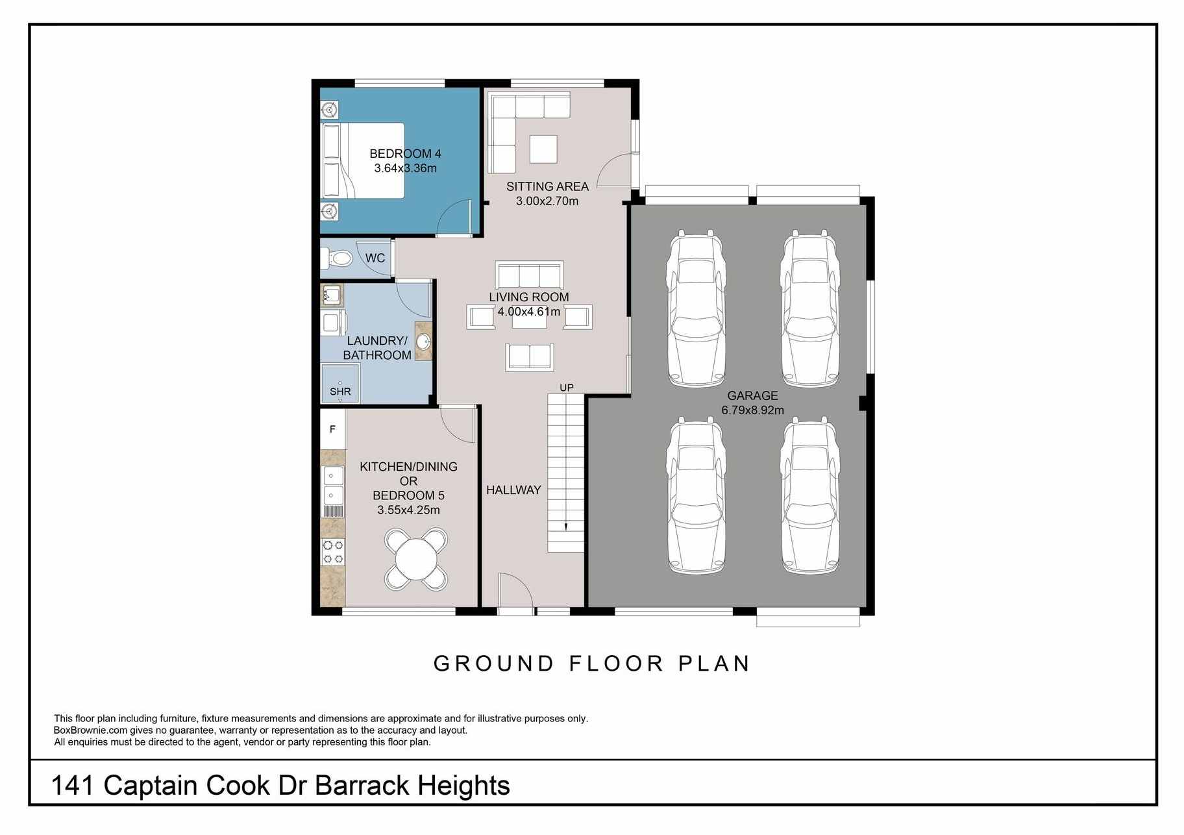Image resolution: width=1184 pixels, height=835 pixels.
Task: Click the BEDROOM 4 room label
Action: coord(405,154)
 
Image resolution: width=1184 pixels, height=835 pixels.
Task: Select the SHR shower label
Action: coord(340,392)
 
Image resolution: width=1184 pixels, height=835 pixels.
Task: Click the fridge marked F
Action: coord(332,429)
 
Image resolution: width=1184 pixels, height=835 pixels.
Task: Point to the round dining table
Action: coord(416,559)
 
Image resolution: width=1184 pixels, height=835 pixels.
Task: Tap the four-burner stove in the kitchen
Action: coord(333,552)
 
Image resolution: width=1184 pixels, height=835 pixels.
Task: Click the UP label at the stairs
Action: coord(567,388)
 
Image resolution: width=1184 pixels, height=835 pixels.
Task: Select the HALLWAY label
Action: coord(513,490)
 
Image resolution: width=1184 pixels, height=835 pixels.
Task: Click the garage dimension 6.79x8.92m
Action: coord(752,410)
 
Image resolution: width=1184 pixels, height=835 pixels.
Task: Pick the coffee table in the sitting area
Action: coord(543,149)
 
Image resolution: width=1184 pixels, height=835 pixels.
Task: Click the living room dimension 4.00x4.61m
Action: coord(529,312)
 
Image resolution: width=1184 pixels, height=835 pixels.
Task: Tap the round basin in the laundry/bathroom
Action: coord(424,342)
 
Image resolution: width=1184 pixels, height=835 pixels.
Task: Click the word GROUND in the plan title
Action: coord(493,664)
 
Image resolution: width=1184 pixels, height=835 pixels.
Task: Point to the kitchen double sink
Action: coord(333,486)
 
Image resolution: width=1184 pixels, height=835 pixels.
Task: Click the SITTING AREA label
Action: coord(547,186)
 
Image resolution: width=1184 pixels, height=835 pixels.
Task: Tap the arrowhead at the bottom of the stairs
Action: coord(565,527)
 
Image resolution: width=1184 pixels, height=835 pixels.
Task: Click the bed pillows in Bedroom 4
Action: coord(332,160)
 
